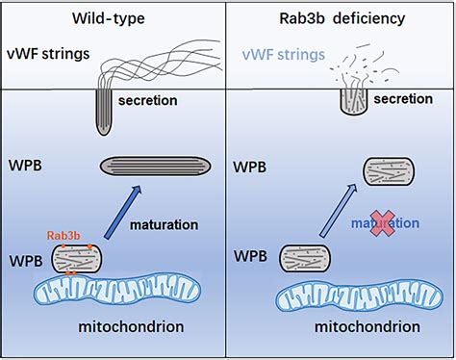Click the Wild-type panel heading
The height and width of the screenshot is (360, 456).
coord(114,18)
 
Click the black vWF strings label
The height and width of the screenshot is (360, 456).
coord(47,56)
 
